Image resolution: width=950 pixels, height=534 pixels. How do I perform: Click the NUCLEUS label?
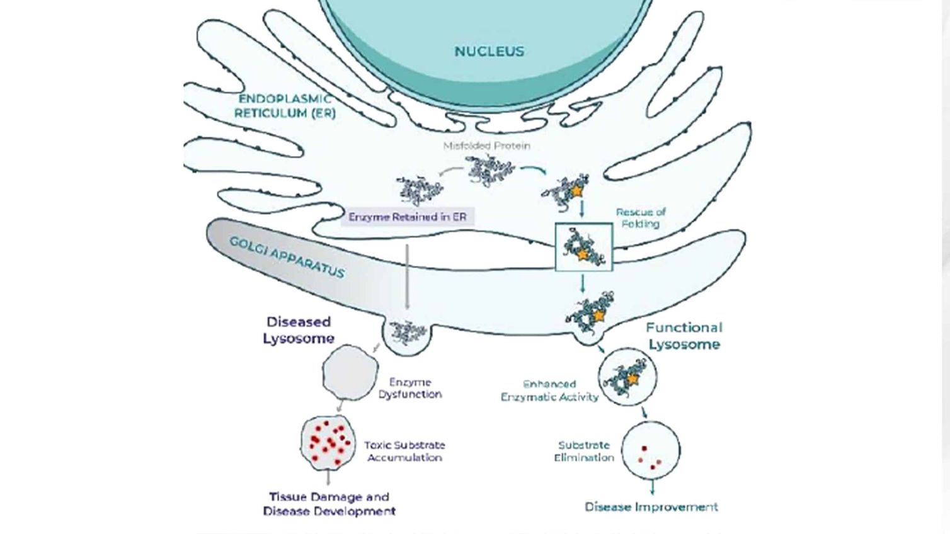click(489, 52)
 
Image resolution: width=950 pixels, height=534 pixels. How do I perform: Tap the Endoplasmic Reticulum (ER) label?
click(285, 106)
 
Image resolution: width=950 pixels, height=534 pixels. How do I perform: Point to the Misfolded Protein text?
click(486, 145)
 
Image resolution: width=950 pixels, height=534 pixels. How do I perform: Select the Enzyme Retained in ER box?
click(408, 217)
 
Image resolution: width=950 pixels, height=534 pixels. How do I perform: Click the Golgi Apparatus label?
click(287, 257)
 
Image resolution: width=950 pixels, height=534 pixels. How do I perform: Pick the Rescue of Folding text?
click(640, 218)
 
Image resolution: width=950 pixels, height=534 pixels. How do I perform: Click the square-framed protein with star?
click(583, 247)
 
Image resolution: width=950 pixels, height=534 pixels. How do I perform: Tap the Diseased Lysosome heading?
click(298, 330)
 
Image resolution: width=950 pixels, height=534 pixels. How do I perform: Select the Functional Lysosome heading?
click(684, 336)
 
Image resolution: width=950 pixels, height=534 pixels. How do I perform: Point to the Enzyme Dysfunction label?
click(410, 388)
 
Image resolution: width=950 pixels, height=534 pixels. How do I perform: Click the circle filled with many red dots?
click(328, 443)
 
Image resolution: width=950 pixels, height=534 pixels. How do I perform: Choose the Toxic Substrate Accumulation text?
click(404, 451)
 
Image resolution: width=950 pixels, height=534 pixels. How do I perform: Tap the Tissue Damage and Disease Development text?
click(329, 504)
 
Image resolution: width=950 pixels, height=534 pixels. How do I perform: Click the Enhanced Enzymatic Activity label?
click(549, 390)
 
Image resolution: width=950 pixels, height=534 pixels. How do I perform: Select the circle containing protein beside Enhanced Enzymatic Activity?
click(627, 377)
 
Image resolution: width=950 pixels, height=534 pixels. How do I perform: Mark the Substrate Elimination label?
click(584, 451)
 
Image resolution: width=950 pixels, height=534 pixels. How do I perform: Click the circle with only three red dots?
click(651, 451)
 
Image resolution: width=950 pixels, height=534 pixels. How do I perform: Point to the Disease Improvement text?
click(651, 507)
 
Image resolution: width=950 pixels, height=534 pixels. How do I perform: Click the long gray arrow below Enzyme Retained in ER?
click(407, 277)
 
